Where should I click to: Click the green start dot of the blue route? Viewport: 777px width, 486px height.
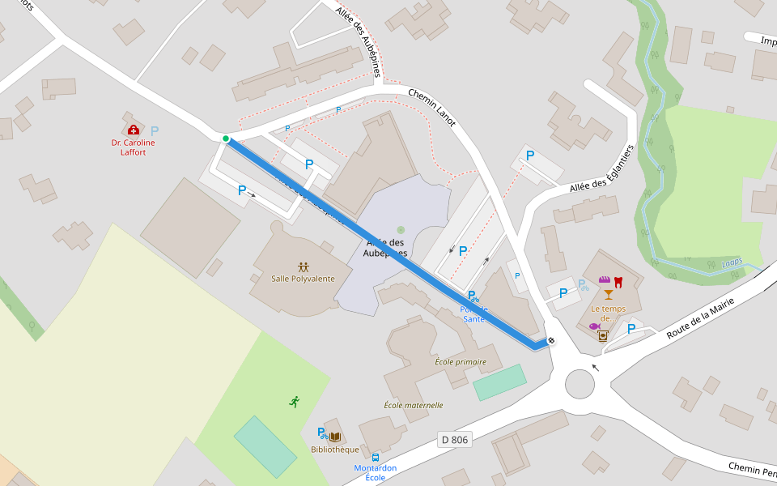[226, 139]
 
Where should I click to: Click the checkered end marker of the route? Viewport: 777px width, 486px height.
[551, 341]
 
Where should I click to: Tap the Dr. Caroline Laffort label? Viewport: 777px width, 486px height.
[133, 147]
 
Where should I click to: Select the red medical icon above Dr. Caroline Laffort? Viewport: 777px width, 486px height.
[134, 130]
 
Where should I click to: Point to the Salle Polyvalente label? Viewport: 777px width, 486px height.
[303, 279]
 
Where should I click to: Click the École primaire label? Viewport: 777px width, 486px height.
[461, 362]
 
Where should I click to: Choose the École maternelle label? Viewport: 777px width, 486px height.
[413, 405]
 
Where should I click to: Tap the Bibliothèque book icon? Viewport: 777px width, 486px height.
[335, 437]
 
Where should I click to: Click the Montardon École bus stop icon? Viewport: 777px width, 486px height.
[376, 458]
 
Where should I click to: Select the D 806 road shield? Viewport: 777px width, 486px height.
[455, 439]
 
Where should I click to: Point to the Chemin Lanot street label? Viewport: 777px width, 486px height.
[432, 107]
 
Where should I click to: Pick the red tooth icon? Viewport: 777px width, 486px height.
[618, 282]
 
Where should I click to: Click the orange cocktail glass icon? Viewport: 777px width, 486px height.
[608, 294]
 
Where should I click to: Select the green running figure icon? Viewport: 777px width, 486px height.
[294, 402]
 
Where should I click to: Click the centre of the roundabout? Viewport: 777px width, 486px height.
[580, 383]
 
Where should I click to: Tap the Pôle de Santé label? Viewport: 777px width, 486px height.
[474, 313]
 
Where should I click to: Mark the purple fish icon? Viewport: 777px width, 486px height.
[594, 326]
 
